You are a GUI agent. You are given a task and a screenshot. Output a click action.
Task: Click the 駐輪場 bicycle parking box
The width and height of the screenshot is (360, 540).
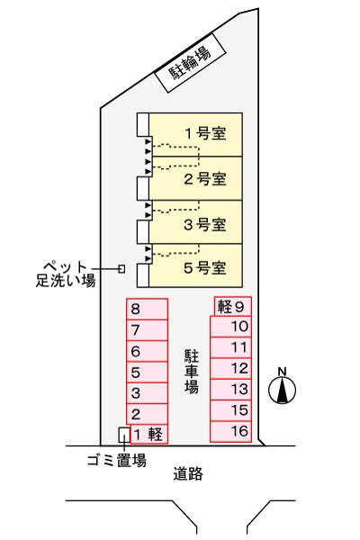(190, 63)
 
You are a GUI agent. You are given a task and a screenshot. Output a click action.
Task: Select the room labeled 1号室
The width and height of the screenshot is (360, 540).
(195, 135)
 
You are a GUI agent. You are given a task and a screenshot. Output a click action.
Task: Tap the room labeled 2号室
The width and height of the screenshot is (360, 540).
(195, 178)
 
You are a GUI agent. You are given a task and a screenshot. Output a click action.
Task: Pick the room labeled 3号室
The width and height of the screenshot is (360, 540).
(195, 222)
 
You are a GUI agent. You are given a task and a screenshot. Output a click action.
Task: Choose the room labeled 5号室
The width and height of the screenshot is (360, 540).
(195, 265)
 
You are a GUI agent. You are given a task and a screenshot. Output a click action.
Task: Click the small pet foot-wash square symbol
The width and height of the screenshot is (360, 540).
(121, 268)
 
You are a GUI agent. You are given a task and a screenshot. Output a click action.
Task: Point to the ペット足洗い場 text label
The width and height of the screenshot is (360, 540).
(66, 274)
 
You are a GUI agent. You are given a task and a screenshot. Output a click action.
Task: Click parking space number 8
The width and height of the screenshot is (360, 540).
(147, 309)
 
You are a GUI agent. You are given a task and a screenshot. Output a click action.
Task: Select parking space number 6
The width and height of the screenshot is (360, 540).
(147, 351)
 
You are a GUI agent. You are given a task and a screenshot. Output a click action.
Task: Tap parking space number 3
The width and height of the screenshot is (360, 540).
(147, 393)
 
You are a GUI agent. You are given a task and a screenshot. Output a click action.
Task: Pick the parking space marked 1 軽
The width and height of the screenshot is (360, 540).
(149, 434)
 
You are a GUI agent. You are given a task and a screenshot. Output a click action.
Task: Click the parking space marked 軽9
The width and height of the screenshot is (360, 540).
(233, 306)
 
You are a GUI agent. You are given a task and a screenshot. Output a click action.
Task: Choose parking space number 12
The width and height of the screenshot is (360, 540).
(230, 368)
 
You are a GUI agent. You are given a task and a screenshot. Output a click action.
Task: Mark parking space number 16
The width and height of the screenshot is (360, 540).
(230, 431)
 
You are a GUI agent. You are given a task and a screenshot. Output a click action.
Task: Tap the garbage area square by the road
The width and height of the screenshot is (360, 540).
(124, 435)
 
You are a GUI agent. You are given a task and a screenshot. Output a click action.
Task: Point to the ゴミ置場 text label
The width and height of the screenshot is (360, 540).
(117, 461)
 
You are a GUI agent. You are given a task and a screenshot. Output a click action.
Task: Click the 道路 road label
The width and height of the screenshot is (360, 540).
(188, 474)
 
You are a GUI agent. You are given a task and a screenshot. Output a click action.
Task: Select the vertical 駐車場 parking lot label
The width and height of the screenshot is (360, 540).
(192, 372)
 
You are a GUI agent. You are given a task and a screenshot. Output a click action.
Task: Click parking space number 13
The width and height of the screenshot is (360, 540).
(230, 390)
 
